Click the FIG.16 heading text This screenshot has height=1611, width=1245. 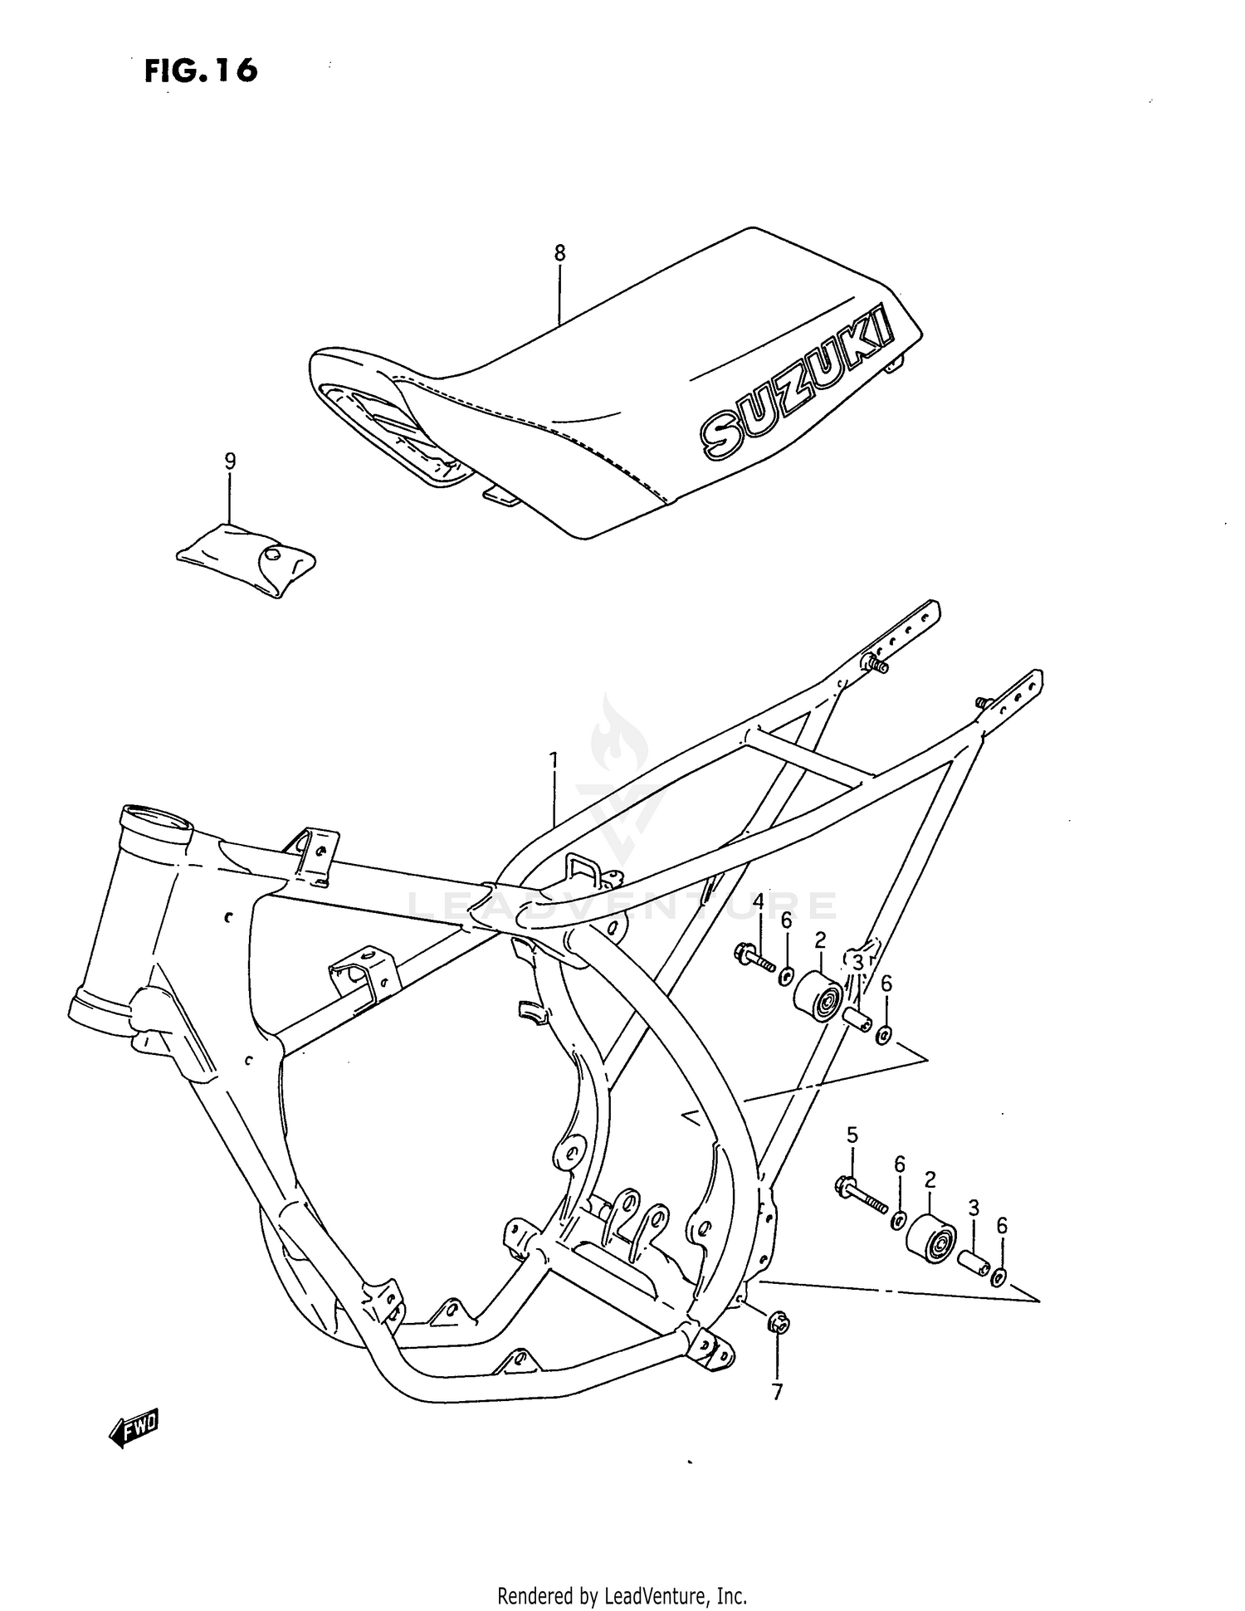pos(201,71)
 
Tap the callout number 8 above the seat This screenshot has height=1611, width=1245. pos(559,252)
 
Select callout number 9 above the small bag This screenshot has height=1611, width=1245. pos(230,461)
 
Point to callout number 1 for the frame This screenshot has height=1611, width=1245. pos(554,759)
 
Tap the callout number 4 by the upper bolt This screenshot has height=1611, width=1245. pos(758,901)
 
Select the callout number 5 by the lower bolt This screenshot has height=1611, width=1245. pos(852,1134)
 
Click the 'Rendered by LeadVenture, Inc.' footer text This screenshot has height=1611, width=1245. pos(622,1595)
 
